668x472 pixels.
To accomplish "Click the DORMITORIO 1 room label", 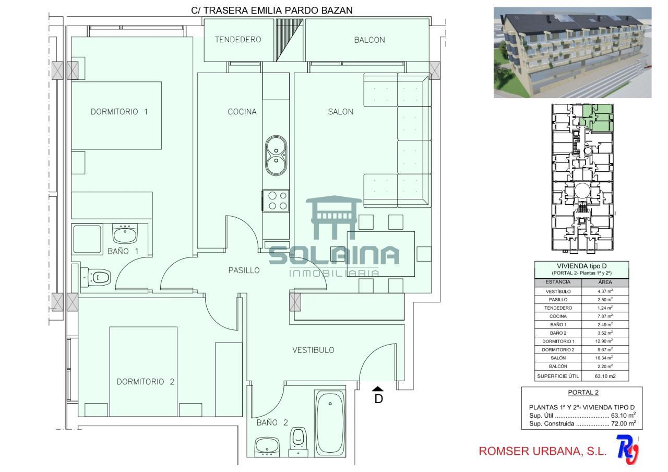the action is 119,112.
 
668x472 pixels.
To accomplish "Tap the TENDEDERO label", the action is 238,40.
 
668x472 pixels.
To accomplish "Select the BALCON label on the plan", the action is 369,40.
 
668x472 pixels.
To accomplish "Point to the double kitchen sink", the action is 276,156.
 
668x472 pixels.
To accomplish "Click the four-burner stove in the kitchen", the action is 276,200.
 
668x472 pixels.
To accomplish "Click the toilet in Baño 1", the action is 96,277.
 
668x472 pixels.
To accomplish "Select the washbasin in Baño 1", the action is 125,233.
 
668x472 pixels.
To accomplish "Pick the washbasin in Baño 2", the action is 267,446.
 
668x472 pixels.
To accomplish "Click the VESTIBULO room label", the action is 313,350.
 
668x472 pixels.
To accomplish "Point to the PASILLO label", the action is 244,270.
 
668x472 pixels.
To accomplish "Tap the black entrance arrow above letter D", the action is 377,388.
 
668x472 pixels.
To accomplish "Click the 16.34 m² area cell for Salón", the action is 605,358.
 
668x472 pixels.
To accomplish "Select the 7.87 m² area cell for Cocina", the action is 605,316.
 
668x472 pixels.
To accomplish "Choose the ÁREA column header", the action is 605,282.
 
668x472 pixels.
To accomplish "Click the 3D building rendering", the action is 572,53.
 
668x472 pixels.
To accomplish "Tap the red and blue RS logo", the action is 627,450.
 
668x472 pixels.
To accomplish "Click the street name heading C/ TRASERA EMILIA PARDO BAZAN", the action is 272,10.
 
